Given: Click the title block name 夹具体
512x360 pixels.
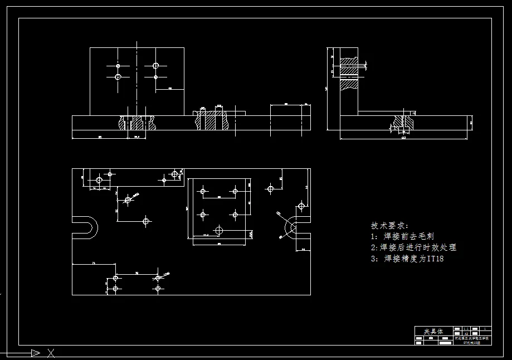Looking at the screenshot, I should tap(434, 331).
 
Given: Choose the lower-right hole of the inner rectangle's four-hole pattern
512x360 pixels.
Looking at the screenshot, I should tap(235, 213).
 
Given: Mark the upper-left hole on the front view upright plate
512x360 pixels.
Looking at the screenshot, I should tap(118, 66).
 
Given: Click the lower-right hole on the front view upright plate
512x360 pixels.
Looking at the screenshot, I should tap(155, 77).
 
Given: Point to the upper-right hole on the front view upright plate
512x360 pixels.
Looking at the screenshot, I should tap(155, 66).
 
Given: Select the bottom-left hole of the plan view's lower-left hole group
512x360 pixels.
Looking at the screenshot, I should tap(116, 288).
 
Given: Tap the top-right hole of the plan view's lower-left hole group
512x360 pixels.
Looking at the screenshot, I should tap(158, 277).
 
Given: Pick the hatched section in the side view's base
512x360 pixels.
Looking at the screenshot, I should tap(402, 121).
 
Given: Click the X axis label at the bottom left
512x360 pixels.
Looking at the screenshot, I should tap(51, 352).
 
